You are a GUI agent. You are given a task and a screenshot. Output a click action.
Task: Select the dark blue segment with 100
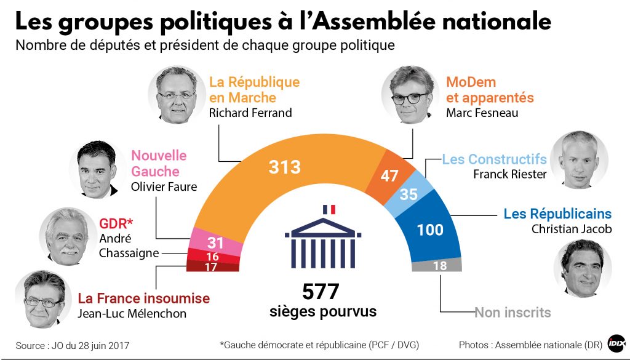click(430, 230)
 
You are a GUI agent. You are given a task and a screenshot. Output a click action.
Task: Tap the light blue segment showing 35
click(409, 194)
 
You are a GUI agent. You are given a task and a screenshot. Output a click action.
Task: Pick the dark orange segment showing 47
click(389, 175)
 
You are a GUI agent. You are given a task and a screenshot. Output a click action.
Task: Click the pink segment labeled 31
click(215, 243)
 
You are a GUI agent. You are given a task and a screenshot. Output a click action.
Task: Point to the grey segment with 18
click(440, 265)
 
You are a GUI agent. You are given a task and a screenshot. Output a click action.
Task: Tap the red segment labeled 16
click(213, 256)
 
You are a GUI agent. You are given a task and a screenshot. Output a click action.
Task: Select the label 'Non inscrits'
click(512, 313)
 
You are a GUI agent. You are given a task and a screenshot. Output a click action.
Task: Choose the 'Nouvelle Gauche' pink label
click(159, 163)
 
